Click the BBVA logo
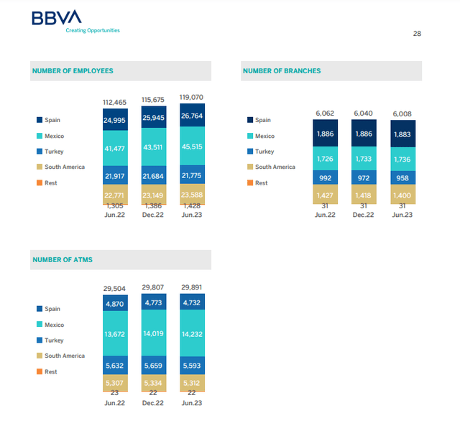coord(57,18)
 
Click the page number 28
coord(418,33)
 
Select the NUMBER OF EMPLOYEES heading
coord(73,71)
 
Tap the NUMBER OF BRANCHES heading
coord(282,71)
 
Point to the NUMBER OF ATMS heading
coord(63,259)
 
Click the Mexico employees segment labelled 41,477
coord(115,147)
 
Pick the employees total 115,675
coord(153,99)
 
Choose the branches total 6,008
coord(402,113)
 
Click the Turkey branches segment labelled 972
coord(364,177)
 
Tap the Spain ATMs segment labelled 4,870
coord(115,303)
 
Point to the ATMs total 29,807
coord(153,287)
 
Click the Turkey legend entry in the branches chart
coord(259,152)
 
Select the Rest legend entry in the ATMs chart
coord(50,371)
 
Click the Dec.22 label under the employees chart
coord(153,214)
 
